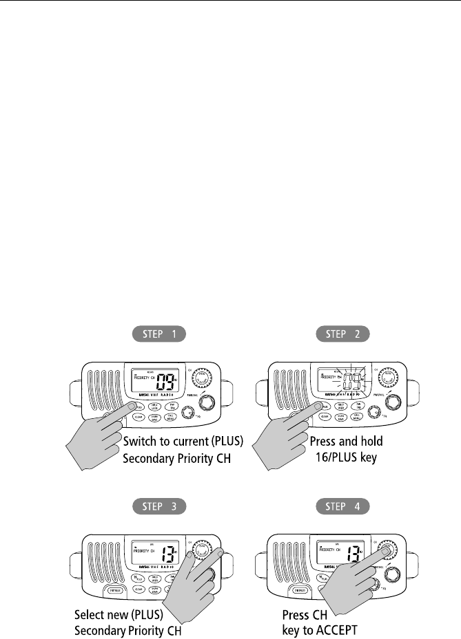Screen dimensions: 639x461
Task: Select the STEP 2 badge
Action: coord(343,335)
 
